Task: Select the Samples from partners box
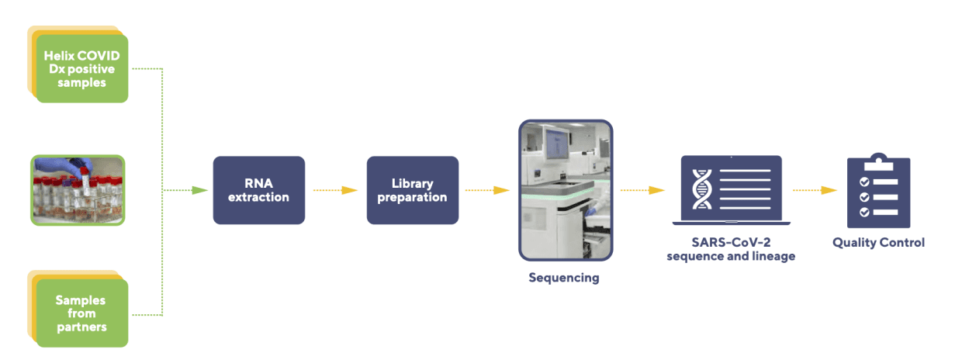pyautogui.click(x=81, y=313)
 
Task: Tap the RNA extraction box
pyautogui.click(x=259, y=190)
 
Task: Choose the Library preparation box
pyautogui.click(x=413, y=190)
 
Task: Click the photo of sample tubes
pyautogui.click(x=78, y=190)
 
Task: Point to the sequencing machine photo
pyautogui.click(x=566, y=190)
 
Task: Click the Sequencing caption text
pyautogui.click(x=564, y=278)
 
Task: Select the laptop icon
pyautogui.click(x=731, y=190)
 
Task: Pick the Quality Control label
pyautogui.click(x=878, y=243)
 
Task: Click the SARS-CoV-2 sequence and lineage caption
pyautogui.click(x=731, y=249)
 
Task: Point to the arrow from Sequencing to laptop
pyautogui.click(x=643, y=190)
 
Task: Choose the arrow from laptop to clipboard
pyautogui.click(x=815, y=190)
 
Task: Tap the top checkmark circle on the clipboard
pyautogui.click(x=863, y=182)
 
